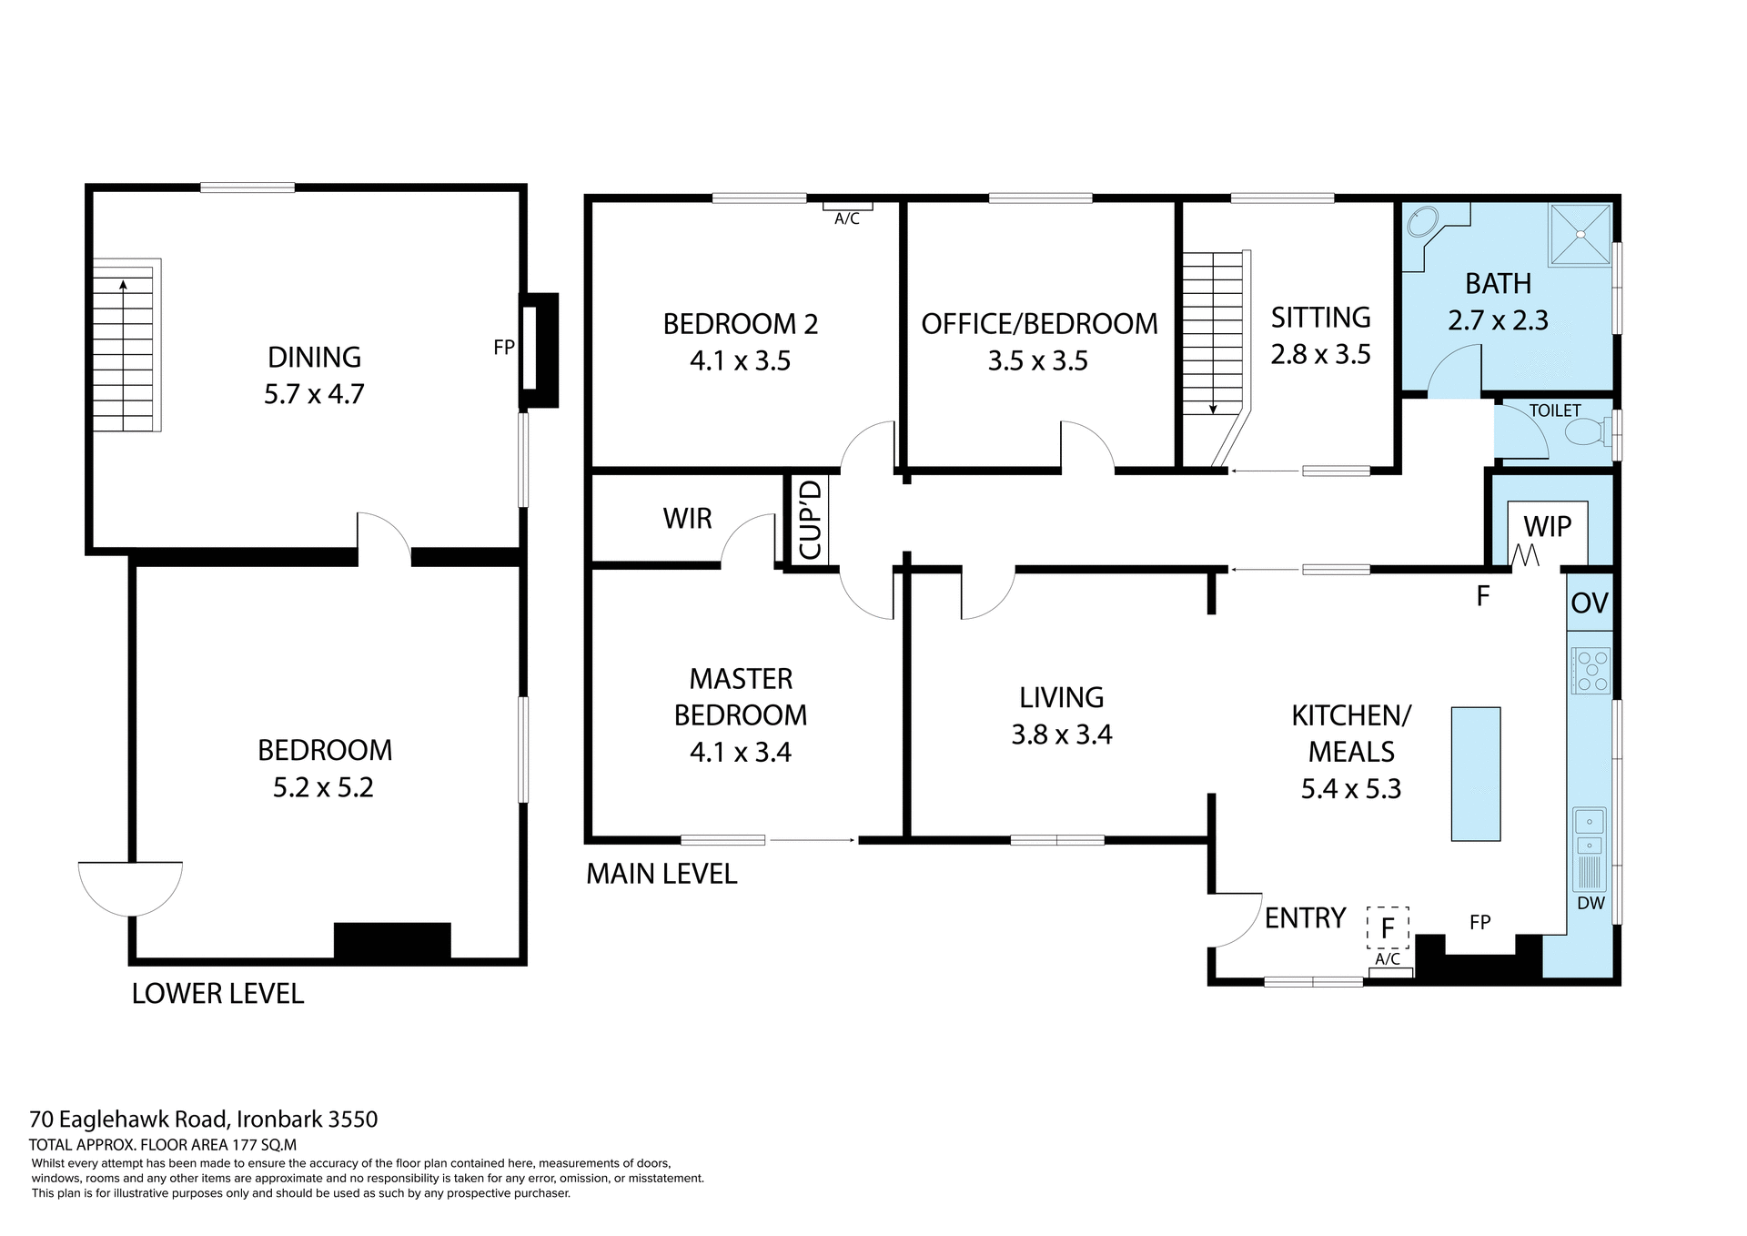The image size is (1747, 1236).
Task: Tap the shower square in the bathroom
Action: pyautogui.click(x=1580, y=235)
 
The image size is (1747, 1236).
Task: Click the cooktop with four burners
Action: pyautogui.click(x=1590, y=671)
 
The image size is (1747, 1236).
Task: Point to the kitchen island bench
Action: pyautogui.click(x=1475, y=773)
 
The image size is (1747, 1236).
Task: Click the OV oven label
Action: pyautogui.click(x=1590, y=603)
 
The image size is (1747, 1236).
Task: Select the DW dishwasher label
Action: pyautogui.click(x=1590, y=904)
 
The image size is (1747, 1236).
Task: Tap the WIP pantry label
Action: pyautogui.click(x=1547, y=526)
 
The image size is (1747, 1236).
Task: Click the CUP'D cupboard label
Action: pyautogui.click(x=809, y=521)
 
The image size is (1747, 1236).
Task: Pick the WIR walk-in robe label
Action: pyautogui.click(x=687, y=519)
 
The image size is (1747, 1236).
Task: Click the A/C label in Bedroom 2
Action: pyautogui.click(x=846, y=218)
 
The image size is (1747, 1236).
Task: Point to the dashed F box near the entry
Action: pyautogui.click(x=1388, y=928)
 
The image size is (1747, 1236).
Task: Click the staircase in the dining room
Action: pyautogui.click(x=125, y=346)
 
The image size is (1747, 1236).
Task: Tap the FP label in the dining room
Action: pyautogui.click(x=503, y=347)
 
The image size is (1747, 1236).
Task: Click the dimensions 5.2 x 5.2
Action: pyautogui.click(x=323, y=787)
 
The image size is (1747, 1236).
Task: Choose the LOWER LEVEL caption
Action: pyautogui.click(x=217, y=993)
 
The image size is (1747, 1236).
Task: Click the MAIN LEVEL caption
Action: pyautogui.click(x=661, y=874)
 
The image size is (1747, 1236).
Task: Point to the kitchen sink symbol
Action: pyautogui.click(x=1590, y=822)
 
